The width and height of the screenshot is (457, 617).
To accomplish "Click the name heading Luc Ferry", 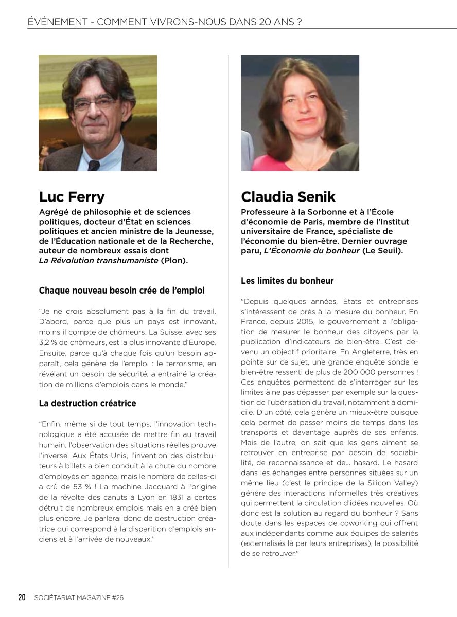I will pos(72,197).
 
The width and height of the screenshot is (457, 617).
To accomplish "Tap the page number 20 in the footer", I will pos(22,597).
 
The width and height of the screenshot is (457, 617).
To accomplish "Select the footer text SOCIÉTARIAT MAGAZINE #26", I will pos(79,597).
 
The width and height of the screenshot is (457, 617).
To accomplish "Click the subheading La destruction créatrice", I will pos(87,403).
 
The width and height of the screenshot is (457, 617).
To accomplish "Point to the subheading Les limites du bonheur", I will pos(287,281).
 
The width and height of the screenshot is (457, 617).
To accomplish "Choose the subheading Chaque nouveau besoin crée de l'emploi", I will pos(121,291).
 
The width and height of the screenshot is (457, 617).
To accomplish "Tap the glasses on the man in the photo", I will pos(94,103).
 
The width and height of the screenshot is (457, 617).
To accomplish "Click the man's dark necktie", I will pos(93,165).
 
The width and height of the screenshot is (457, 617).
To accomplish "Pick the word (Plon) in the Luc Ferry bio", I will pos(175,261).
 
